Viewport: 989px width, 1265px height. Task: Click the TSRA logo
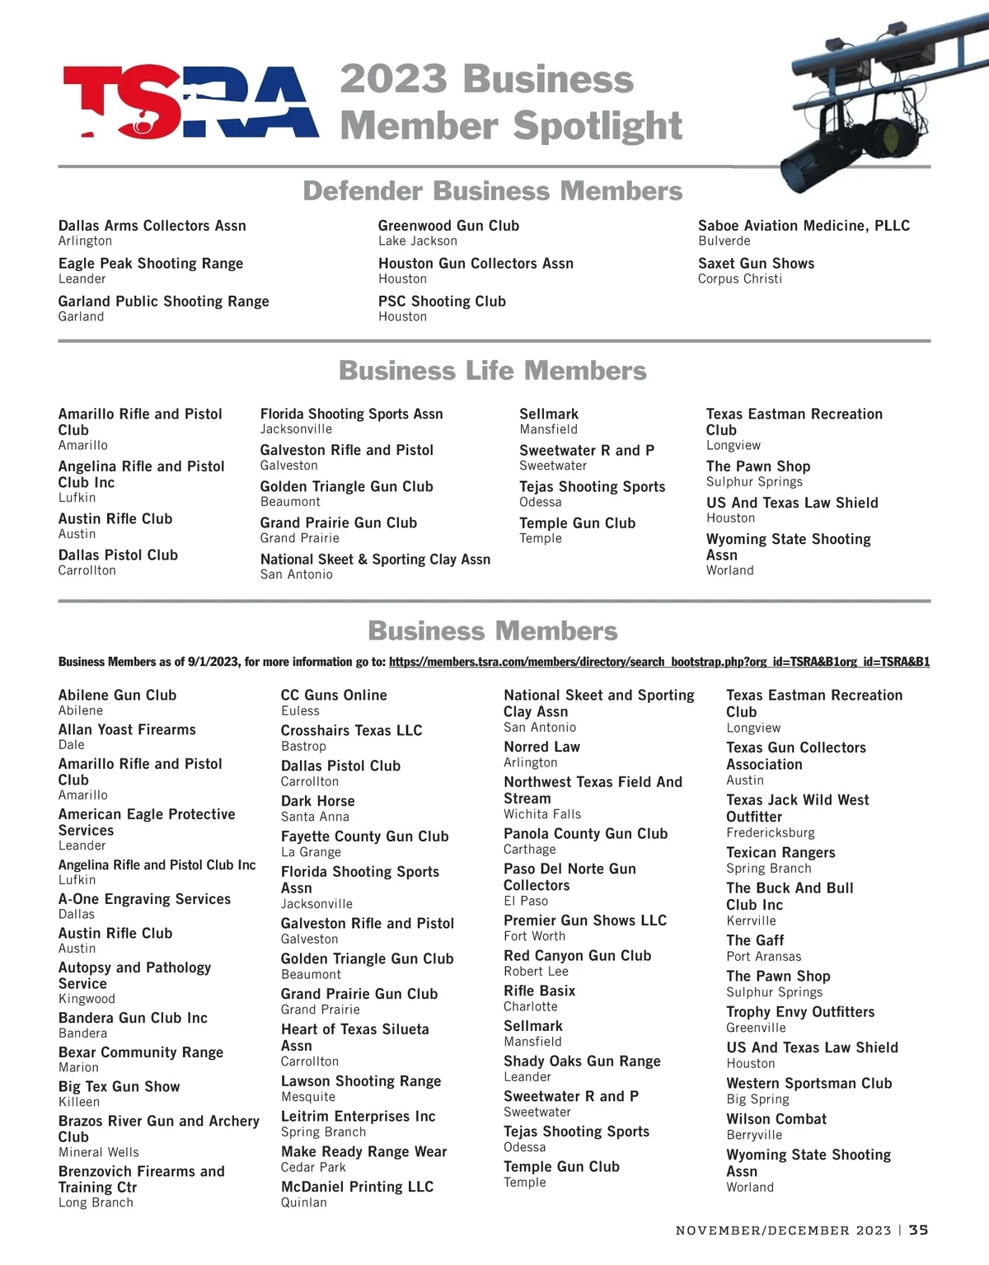pyautogui.click(x=190, y=102)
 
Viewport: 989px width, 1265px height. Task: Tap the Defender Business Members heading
pyautogui.click(x=492, y=191)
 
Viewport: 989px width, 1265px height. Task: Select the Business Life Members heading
pyautogui.click(x=492, y=371)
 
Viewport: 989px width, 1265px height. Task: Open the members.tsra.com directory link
pyautogui.click(x=659, y=662)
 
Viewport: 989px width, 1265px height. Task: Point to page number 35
pyautogui.click(x=919, y=1230)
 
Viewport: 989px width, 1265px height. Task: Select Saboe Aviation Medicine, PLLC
pyautogui.click(x=804, y=226)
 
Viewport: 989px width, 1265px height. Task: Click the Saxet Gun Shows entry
pyautogui.click(x=756, y=264)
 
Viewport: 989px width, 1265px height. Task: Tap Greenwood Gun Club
pyautogui.click(x=448, y=226)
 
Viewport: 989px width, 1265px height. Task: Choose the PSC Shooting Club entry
pyautogui.click(x=442, y=302)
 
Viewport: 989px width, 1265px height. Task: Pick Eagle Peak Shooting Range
pyautogui.click(x=151, y=264)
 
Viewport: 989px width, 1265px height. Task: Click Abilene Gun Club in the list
pyautogui.click(x=117, y=696)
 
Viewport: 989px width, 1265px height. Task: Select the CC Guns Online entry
pyautogui.click(x=334, y=696)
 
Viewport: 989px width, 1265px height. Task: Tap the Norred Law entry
pyautogui.click(x=541, y=747)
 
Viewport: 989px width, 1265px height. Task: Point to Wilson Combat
pyautogui.click(x=776, y=1119)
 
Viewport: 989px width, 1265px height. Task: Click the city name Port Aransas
pyautogui.click(x=763, y=957)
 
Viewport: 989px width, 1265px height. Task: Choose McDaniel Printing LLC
pyautogui.click(x=357, y=1187)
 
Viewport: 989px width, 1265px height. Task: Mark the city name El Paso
pyautogui.click(x=526, y=901)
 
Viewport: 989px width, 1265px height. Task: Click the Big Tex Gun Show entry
pyautogui.click(x=119, y=1087)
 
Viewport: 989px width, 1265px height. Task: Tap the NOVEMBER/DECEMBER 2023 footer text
pyautogui.click(x=783, y=1230)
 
